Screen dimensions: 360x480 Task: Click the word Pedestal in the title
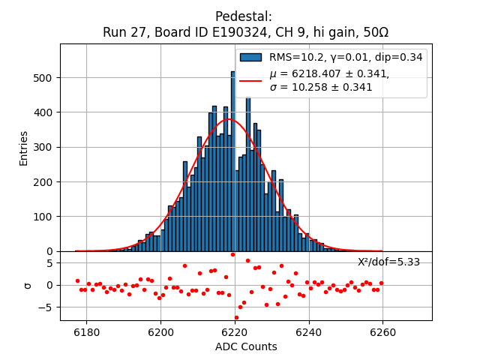(x=243, y=16)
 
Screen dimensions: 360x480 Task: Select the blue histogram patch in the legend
(x=250, y=57)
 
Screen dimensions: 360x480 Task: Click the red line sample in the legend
(x=250, y=80)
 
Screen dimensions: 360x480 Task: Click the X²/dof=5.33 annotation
(x=388, y=262)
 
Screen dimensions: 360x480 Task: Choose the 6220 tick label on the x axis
(x=235, y=330)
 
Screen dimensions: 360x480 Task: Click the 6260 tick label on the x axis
(x=382, y=330)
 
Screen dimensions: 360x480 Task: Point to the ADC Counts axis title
(x=246, y=346)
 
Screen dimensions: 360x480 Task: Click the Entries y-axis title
(x=23, y=148)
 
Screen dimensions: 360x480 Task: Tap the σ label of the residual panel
(x=28, y=285)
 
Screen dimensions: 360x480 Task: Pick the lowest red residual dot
(x=236, y=317)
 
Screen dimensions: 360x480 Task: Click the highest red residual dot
(x=232, y=254)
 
